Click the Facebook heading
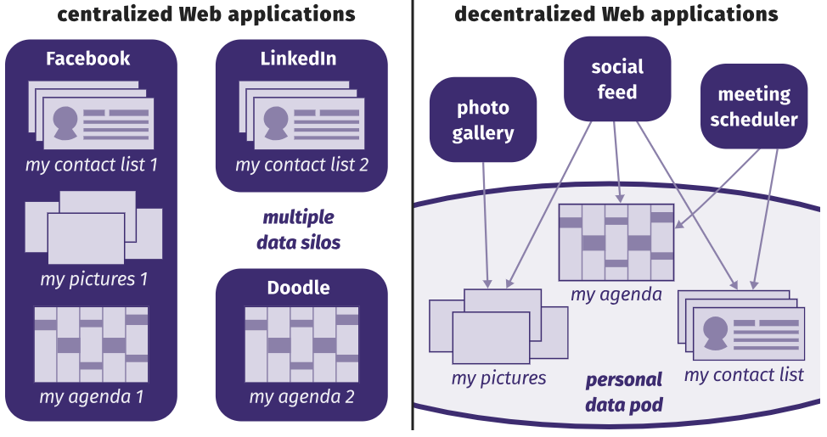[x=88, y=59]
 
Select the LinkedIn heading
[x=298, y=59]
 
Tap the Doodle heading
[x=298, y=288]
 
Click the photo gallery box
[x=483, y=120]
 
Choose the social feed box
[x=617, y=79]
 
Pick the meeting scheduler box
[x=754, y=106]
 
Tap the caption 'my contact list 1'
[x=92, y=164]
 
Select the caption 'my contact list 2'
[x=302, y=164]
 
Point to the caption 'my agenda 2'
[x=301, y=396]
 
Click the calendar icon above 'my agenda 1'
[x=92, y=345]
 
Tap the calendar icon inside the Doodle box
[x=301, y=345]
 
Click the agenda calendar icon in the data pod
[x=616, y=242]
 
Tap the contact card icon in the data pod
[x=741, y=327]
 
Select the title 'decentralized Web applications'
[x=616, y=14]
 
